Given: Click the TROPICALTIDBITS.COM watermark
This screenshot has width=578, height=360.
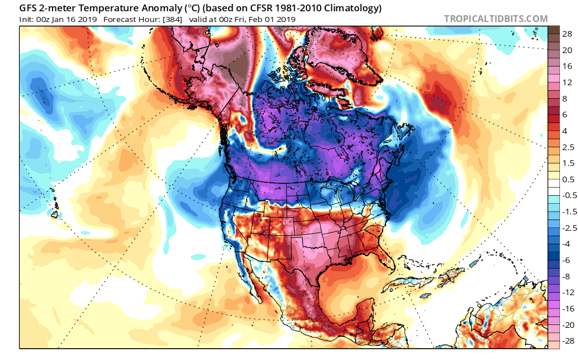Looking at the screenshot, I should [496, 19].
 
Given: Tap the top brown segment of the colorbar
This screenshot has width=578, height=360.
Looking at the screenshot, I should [553, 29].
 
